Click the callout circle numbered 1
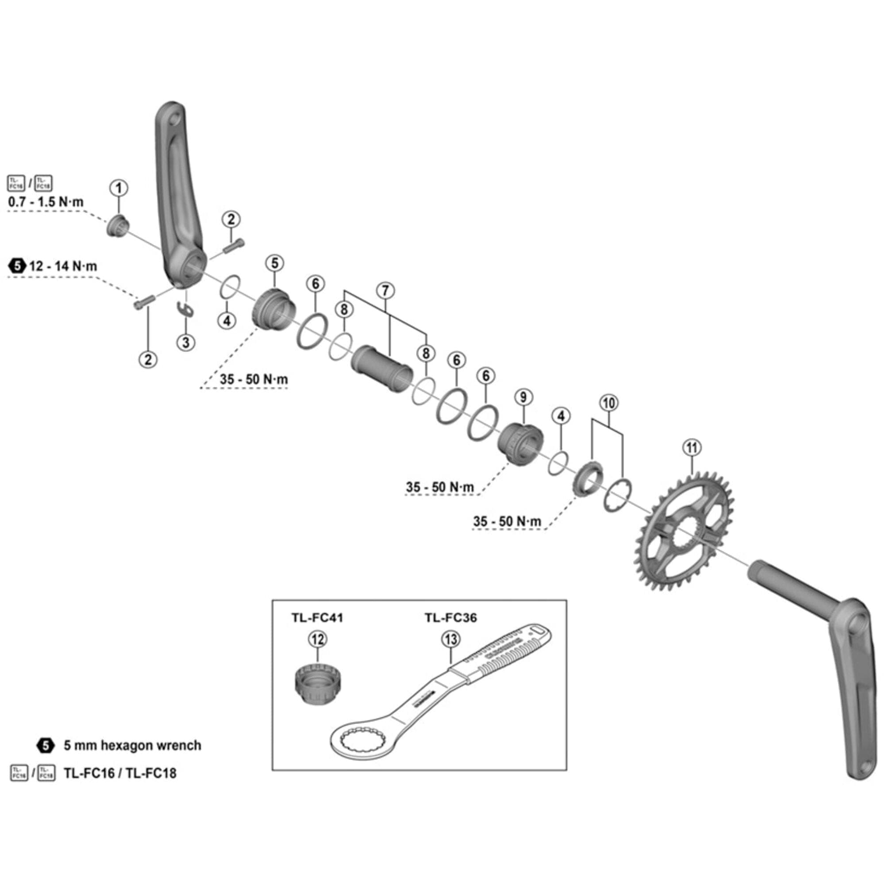click(119, 188)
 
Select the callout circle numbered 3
click(185, 342)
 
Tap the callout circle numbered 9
click(523, 396)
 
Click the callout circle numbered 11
click(692, 447)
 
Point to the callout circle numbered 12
click(317, 639)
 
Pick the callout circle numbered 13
click(451, 639)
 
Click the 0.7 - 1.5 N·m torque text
click(46, 202)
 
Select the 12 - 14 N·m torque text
click(63, 266)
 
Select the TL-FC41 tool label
click(317, 617)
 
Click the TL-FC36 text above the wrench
click(450, 617)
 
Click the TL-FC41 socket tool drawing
click(317, 687)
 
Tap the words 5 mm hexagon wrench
click(132, 745)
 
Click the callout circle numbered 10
click(608, 403)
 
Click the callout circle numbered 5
click(274, 263)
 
